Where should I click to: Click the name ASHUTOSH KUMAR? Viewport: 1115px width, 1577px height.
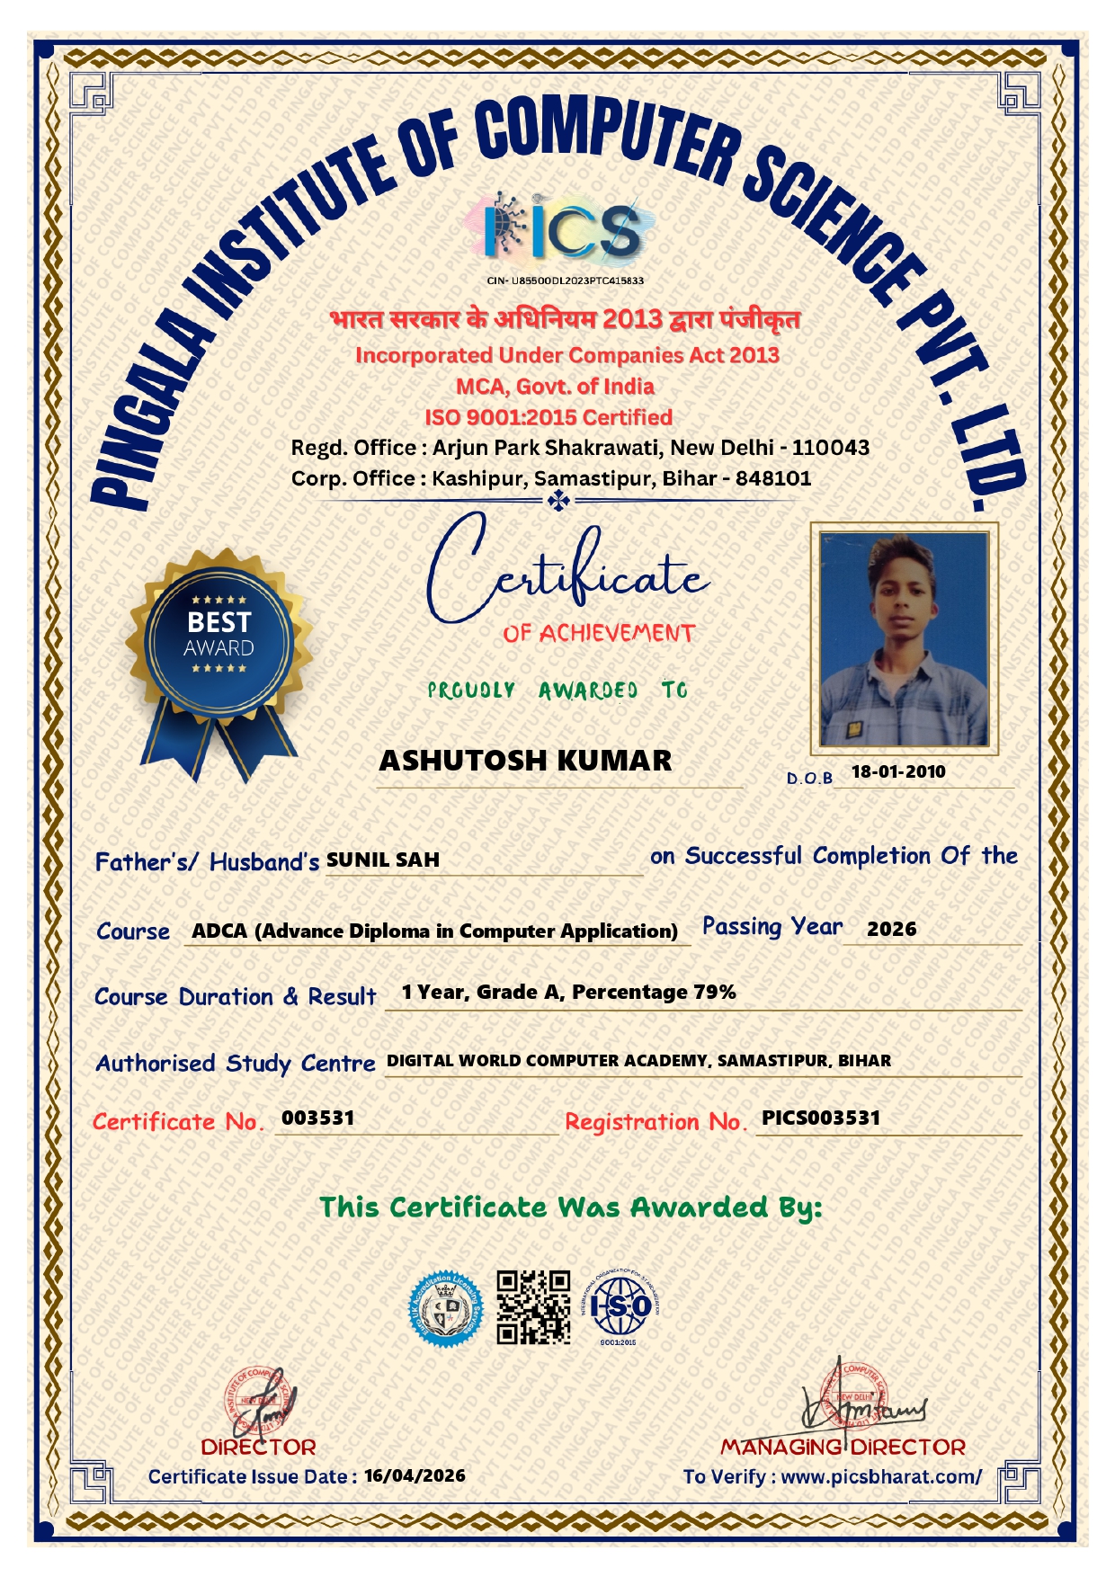click(x=525, y=761)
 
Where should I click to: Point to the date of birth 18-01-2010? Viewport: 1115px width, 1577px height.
click(x=898, y=771)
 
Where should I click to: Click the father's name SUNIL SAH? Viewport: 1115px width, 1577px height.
click(x=383, y=860)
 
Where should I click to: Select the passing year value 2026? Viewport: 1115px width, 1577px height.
click(x=891, y=930)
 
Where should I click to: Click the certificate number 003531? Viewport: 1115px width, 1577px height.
click(x=317, y=1118)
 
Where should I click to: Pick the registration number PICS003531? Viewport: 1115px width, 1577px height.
click(x=821, y=1118)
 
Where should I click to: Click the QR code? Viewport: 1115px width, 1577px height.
click(x=534, y=1307)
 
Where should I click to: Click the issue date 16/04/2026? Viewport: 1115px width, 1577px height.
click(x=415, y=1476)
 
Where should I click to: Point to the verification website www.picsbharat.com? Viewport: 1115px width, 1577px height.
click(x=880, y=1476)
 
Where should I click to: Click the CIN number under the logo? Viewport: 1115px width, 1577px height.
click(x=565, y=281)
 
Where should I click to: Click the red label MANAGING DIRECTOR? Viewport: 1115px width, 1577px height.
click(x=843, y=1448)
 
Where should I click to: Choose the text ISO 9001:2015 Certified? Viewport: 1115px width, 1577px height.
click(x=549, y=417)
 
